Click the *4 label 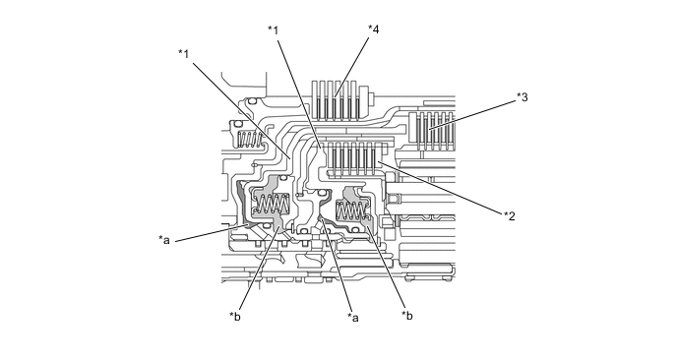[x=374, y=30]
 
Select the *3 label [x=522, y=97]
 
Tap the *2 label [x=510, y=215]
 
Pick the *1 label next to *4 [x=273, y=30]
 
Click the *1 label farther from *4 [x=184, y=54]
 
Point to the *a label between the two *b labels [x=353, y=318]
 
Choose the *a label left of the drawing [x=164, y=239]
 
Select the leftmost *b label [x=235, y=317]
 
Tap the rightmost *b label [x=407, y=316]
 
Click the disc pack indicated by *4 [x=336, y=100]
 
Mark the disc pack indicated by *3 [x=431, y=131]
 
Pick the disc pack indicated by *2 [x=353, y=158]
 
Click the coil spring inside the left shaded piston [x=273, y=204]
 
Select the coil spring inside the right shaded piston [x=351, y=210]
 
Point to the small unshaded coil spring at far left [x=250, y=140]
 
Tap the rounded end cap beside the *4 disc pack [x=367, y=97]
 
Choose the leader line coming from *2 [x=441, y=187]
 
